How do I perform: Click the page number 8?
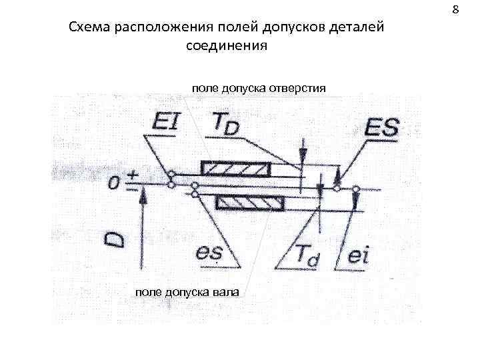click(456, 10)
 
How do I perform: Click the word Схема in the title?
click(89, 29)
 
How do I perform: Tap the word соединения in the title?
click(227, 47)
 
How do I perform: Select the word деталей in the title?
click(358, 29)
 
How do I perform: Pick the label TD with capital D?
click(225, 124)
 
